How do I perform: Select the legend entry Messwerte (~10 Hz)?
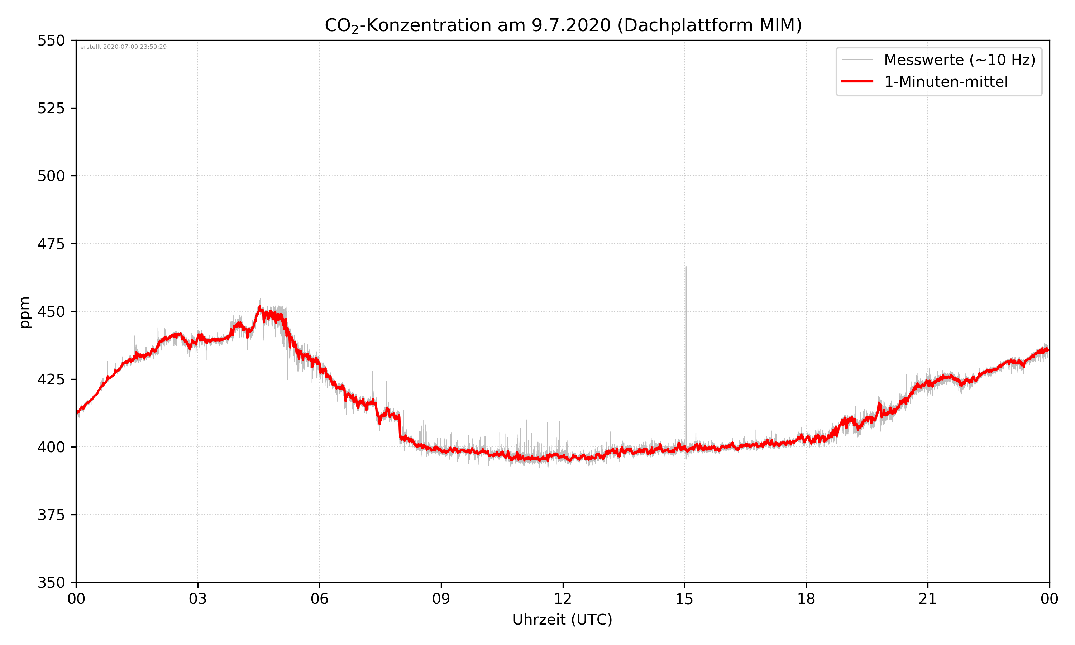(959, 60)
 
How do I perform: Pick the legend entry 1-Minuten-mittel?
(946, 82)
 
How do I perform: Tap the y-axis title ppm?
(25, 312)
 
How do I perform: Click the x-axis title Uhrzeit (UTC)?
(562, 619)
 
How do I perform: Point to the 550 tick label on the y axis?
(51, 41)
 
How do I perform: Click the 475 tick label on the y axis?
(51, 244)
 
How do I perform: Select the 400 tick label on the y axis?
(51, 447)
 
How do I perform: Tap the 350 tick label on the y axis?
(51, 583)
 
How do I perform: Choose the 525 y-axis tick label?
(51, 108)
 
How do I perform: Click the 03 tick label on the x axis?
(198, 599)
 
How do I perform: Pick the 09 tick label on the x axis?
(441, 599)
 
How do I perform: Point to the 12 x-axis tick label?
(563, 599)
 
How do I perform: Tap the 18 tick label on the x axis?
(806, 599)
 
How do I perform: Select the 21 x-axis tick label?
(928, 599)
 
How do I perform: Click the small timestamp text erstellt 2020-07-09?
(123, 47)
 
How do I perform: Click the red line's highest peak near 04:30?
(259, 308)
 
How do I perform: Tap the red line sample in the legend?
(857, 82)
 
